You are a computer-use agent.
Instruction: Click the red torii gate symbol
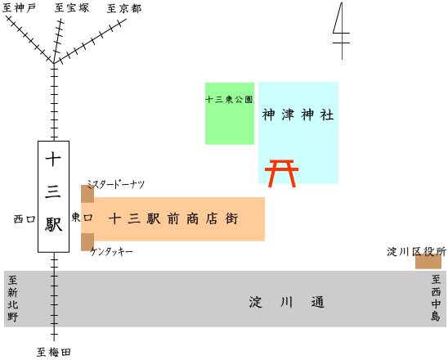click(281, 173)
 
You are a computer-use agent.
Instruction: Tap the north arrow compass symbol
click(342, 31)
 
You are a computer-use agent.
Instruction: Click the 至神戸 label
click(19, 8)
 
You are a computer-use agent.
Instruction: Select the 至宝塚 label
click(72, 7)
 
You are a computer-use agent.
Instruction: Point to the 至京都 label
click(124, 8)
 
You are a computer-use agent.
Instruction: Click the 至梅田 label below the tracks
click(54, 352)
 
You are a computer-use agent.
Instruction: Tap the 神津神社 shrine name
click(298, 115)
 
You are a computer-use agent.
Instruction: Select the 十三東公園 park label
click(229, 100)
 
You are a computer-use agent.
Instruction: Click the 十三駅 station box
click(53, 196)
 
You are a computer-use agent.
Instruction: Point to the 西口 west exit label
click(25, 219)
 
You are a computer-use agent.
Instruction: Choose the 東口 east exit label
click(82, 218)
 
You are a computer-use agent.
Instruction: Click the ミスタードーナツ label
click(116, 184)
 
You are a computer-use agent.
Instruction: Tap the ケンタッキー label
click(111, 252)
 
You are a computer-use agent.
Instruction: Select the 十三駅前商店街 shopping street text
click(173, 218)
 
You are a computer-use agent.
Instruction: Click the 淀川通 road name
click(287, 302)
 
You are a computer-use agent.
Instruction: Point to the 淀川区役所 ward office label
click(416, 252)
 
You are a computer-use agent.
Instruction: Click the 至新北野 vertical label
click(12, 299)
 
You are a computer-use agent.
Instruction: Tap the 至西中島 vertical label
click(436, 298)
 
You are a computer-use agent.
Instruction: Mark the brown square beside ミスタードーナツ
click(87, 194)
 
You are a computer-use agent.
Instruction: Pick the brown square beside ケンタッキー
click(87, 242)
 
